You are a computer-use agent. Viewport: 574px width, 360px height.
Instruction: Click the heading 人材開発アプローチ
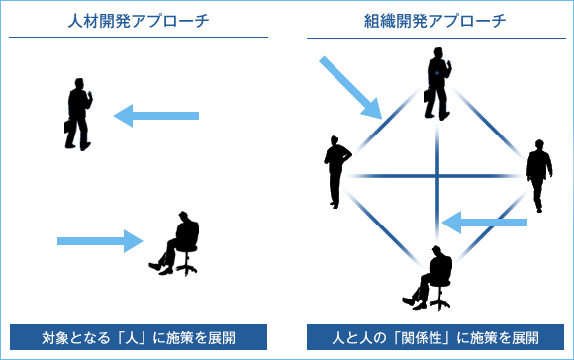(138, 20)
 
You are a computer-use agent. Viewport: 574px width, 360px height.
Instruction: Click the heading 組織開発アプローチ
(435, 20)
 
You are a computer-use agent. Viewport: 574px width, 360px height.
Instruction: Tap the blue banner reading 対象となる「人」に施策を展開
(139, 336)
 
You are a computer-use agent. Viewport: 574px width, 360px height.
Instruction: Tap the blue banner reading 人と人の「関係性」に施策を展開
(435, 336)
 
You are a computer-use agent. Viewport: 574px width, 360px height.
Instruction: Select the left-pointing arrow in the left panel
(156, 117)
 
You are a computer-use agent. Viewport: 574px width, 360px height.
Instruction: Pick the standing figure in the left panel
(80, 113)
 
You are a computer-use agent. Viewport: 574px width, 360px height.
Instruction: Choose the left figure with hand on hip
(335, 169)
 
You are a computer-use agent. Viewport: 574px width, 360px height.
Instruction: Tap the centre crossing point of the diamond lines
(436, 177)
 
